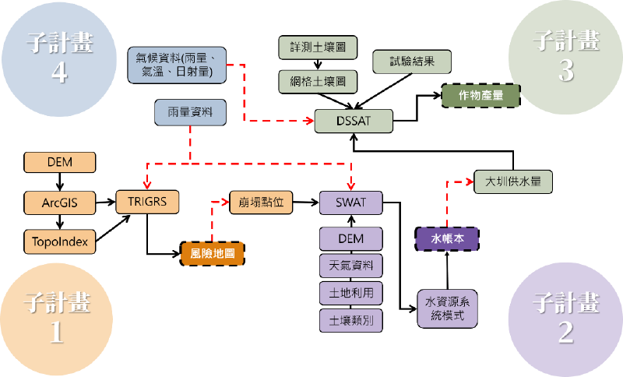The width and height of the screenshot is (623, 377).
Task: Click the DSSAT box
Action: point(354,121)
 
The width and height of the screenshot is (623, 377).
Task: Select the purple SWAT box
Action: point(350,203)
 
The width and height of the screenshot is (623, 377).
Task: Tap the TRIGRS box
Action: point(147,202)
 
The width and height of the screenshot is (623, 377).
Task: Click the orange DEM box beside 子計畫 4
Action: point(60,162)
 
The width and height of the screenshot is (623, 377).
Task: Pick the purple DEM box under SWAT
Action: point(350,238)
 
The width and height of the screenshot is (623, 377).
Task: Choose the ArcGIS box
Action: point(60,203)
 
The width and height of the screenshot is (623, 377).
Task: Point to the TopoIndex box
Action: point(60,241)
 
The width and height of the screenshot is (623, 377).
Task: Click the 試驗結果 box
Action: point(412,61)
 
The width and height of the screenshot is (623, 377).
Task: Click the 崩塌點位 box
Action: point(261,202)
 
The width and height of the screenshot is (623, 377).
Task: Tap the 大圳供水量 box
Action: point(513,182)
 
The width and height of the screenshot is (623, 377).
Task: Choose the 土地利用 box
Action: point(350,293)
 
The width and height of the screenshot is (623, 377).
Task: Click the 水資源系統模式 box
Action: point(446,308)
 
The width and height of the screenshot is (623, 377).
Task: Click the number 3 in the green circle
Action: point(565,71)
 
